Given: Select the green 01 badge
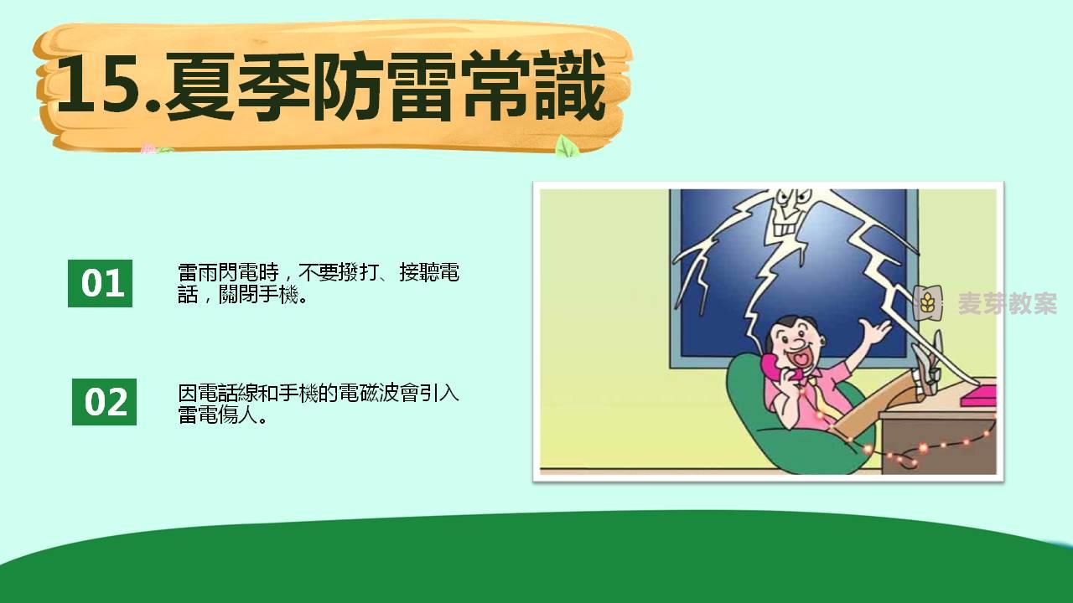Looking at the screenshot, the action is point(100,283).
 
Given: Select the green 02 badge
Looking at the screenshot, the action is point(105,402).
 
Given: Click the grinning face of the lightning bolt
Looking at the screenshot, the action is point(790,210).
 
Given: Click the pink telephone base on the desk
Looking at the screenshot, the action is point(978,394).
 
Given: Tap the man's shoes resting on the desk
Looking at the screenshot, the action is point(928,363).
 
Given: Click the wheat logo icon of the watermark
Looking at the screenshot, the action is point(927,303).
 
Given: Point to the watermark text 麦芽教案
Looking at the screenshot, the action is point(1008,303).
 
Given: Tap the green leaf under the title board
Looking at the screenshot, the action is point(568,147).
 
